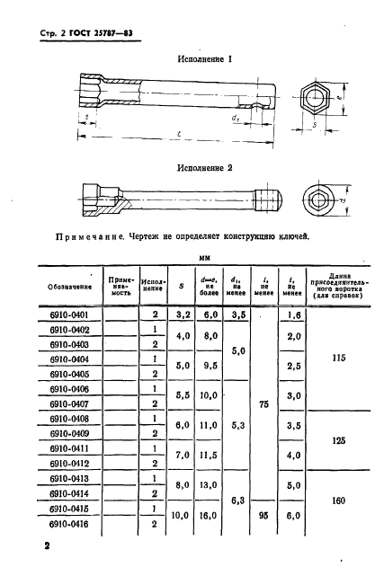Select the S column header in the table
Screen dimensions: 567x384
pyautogui.click(x=181, y=288)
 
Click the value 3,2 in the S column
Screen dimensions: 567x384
pyautogui.click(x=181, y=315)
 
